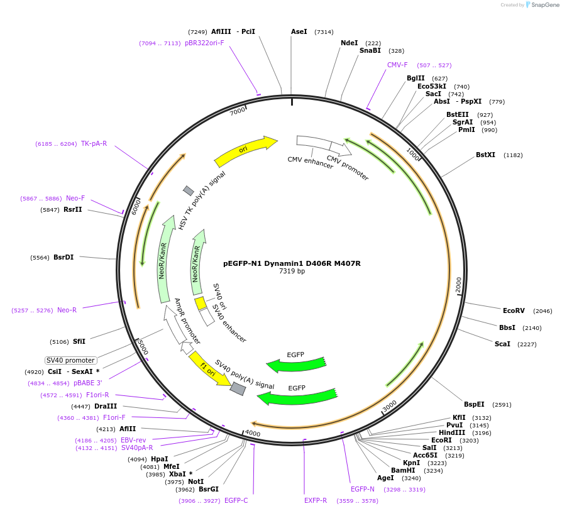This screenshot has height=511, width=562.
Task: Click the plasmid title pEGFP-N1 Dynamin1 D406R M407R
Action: coord(292,263)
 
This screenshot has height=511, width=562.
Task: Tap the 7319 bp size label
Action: coord(292,272)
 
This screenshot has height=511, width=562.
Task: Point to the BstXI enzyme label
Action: coord(485,155)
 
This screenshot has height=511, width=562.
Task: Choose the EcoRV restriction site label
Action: coord(514,310)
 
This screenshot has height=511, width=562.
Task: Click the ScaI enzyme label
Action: coord(502,344)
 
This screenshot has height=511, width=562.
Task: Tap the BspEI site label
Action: coord(474,404)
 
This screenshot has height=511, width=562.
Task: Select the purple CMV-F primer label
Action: coord(397,65)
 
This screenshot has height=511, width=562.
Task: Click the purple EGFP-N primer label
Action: coord(363,489)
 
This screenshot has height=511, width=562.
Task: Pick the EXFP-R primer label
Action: coord(316,500)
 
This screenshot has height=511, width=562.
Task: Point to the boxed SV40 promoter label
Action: coord(71,360)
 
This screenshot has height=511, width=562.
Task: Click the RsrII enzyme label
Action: coord(73,209)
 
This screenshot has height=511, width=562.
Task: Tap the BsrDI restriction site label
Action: coord(63,257)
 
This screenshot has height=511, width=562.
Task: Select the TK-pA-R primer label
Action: coord(94,143)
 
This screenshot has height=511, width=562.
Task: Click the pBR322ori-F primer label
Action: coord(204,43)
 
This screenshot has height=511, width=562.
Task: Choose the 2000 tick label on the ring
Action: coord(458,284)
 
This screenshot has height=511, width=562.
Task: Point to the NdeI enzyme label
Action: coord(349,43)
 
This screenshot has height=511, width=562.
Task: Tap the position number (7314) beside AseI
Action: coord(324,31)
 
